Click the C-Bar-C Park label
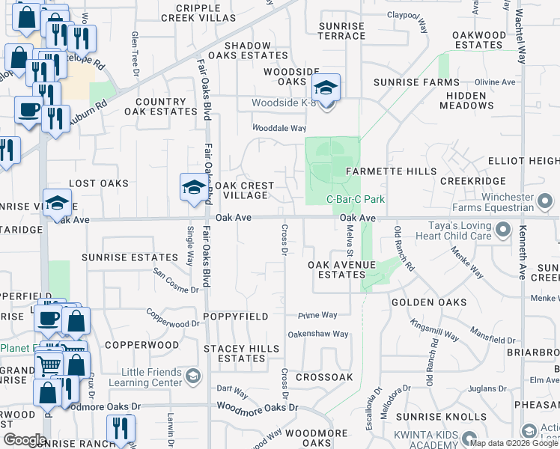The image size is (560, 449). pos(356,200)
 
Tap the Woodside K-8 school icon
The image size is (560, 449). pos(326,88)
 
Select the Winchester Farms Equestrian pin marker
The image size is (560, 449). pos(545,201)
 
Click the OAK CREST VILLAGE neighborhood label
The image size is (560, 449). pos(246,190)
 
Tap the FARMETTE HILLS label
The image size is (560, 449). pos(391,171)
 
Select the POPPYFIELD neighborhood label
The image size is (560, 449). pos(237,317)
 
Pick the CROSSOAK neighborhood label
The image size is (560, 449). pos(324,377)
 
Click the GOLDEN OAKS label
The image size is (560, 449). pos(429,303)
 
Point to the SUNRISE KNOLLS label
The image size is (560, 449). pos(441,416)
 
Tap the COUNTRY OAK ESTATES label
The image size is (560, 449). pos(160,106)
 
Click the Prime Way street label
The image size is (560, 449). pos(317,315)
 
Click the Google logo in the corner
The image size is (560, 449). pos(24,439)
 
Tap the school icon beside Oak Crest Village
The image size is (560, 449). pos(193,187)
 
